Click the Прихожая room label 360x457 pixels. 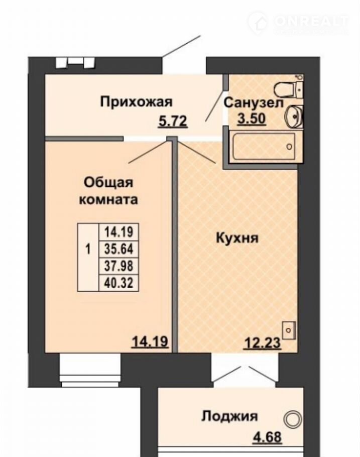(137, 102)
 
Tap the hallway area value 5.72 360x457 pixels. (173, 121)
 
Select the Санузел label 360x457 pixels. (254, 103)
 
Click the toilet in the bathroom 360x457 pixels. (289, 88)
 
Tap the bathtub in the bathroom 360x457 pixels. (263, 146)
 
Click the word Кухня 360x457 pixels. (237, 239)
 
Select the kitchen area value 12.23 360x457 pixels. (263, 342)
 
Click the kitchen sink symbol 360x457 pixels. (289, 330)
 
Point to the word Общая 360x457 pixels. (108, 183)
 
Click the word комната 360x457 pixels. (109, 200)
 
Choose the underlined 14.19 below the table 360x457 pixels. (151, 341)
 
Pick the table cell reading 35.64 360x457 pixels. (118, 249)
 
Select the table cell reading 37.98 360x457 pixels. (118, 266)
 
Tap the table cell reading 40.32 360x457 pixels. (118, 283)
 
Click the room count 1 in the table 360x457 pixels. (88, 250)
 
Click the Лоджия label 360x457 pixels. (229, 416)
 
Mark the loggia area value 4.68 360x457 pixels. (267, 437)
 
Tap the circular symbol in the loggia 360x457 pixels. (292, 419)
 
